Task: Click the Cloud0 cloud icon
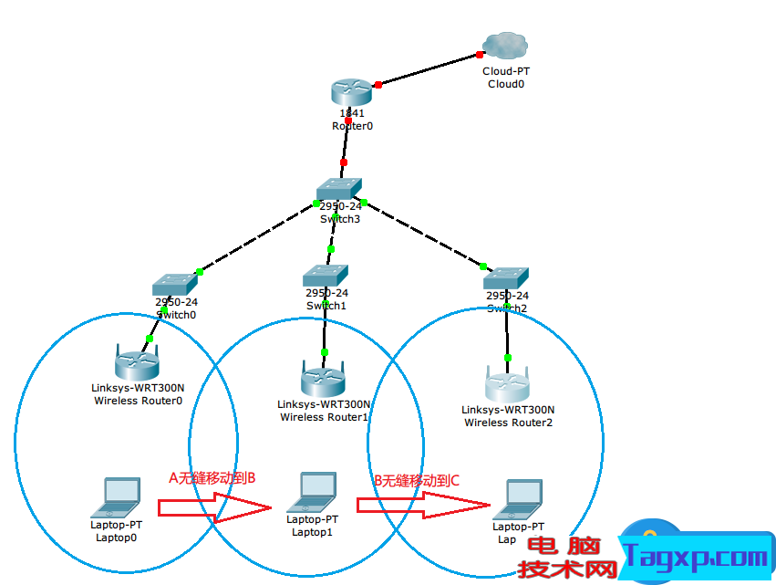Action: tap(506, 46)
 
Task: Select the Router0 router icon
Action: tap(351, 92)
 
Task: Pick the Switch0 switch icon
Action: tap(175, 284)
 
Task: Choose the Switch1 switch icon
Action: tap(326, 275)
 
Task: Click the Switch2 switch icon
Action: tap(507, 277)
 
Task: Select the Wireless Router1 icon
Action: tap(324, 378)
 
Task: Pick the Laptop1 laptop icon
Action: tap(312, 493)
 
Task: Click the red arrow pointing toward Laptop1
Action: tap(216, 506)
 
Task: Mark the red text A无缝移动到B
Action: tap(212, 476)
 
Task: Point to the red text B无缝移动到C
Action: tap(417, 480)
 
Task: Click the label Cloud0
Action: tap(506, 83)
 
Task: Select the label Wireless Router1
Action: tap(324, 417)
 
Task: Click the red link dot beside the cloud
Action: tap(480, 55)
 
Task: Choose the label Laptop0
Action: tap(116, 537)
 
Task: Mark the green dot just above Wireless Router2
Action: tap(508, 357)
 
